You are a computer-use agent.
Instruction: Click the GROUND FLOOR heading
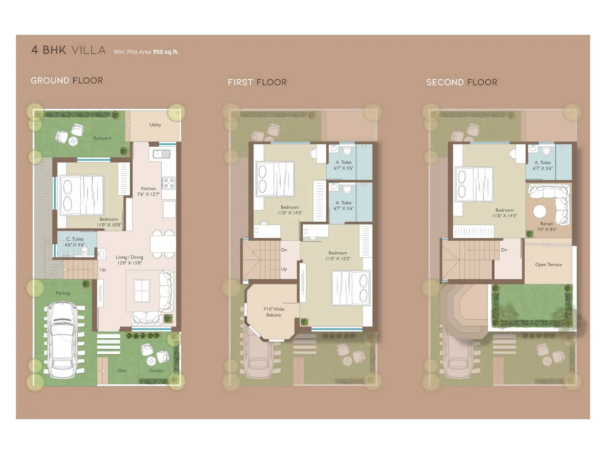pyautogui.click(x=67, y=81)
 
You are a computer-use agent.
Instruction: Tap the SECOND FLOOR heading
pyautogui.click(x=461, y=82)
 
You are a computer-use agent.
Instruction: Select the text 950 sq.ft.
pyautogui.click(x=166, y=52)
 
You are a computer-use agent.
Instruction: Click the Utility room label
pyautogui.click(x=155, y=125)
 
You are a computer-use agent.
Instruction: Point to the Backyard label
pyautogui.click(x=102, y=138)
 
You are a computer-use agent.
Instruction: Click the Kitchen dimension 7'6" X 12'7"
pyautogui.click(x=148, y=194)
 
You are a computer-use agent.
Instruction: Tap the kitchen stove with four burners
pyautogui.click(x=169, y=183)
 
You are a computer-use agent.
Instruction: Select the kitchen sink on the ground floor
pyautogui.click(x=162, y=154)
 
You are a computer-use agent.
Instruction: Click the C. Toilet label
pyautogui.click(x=75, y=239)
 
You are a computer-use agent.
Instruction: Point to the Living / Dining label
pyautogui.click(x=130, y=257)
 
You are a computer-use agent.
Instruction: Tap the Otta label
pyautogui.click(x=122, y=371)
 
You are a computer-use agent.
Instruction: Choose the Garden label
pyautogui.click(x=156, y=371)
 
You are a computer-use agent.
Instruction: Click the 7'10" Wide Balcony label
pyautogui.click(x=273, y=312)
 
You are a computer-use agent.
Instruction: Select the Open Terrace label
pyautogui.click(x=548, y=265)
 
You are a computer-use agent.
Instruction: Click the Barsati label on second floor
pyautogui.click(x=547, y=224)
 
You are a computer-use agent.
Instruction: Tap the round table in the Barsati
pyautogui.click(x=540, y=211)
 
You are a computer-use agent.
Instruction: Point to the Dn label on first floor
pyautogui.click(x=284, y=250)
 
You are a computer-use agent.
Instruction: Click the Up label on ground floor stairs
pyautogui.click(x=103, y=270)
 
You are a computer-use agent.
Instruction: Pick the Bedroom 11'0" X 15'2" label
pyautogui.click(x=338, y=256)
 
